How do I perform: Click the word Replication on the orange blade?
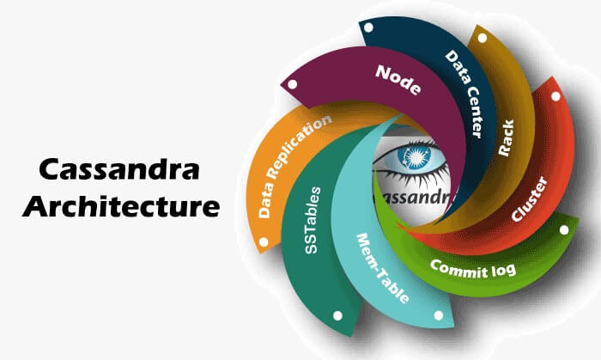[x=299, y=142]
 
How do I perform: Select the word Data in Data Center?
[x=454, y=66]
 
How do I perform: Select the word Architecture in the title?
[x=120, y=206]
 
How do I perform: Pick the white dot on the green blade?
[x=564, y=230]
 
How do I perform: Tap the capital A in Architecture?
[x=35, y=206]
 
